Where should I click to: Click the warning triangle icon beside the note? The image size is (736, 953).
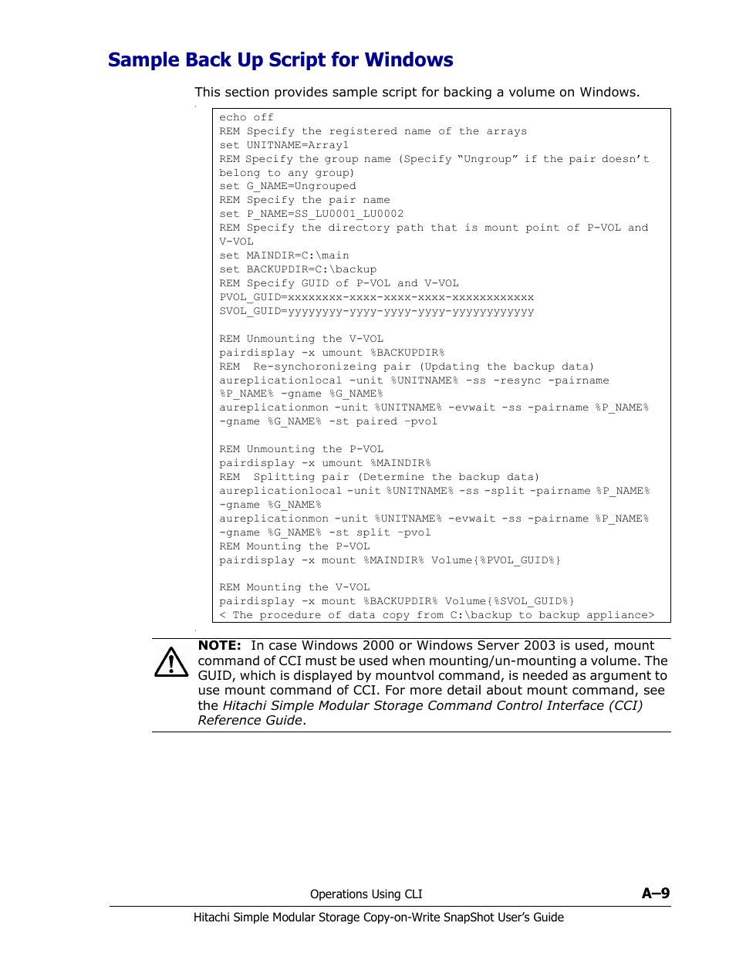171,662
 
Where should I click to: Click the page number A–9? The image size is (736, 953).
656,893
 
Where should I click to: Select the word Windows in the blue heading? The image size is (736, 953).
409,60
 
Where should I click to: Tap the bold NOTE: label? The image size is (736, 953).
220,646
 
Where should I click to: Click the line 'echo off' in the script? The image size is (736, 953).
246,117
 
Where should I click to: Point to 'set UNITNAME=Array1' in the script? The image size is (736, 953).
284,145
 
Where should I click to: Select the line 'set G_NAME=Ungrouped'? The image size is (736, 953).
288,186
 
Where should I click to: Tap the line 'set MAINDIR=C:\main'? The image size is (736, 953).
284,255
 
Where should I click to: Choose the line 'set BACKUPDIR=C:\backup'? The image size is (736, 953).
298,269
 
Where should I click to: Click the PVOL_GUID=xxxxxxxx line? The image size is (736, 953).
376,297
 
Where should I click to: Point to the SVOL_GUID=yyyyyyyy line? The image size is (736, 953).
376,312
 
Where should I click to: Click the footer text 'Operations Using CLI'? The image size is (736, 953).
366,894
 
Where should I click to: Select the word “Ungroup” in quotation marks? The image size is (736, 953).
488,159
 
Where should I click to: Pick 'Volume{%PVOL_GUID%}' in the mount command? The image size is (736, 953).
496,560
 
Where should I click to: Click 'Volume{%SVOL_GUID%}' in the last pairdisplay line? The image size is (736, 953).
510,601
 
